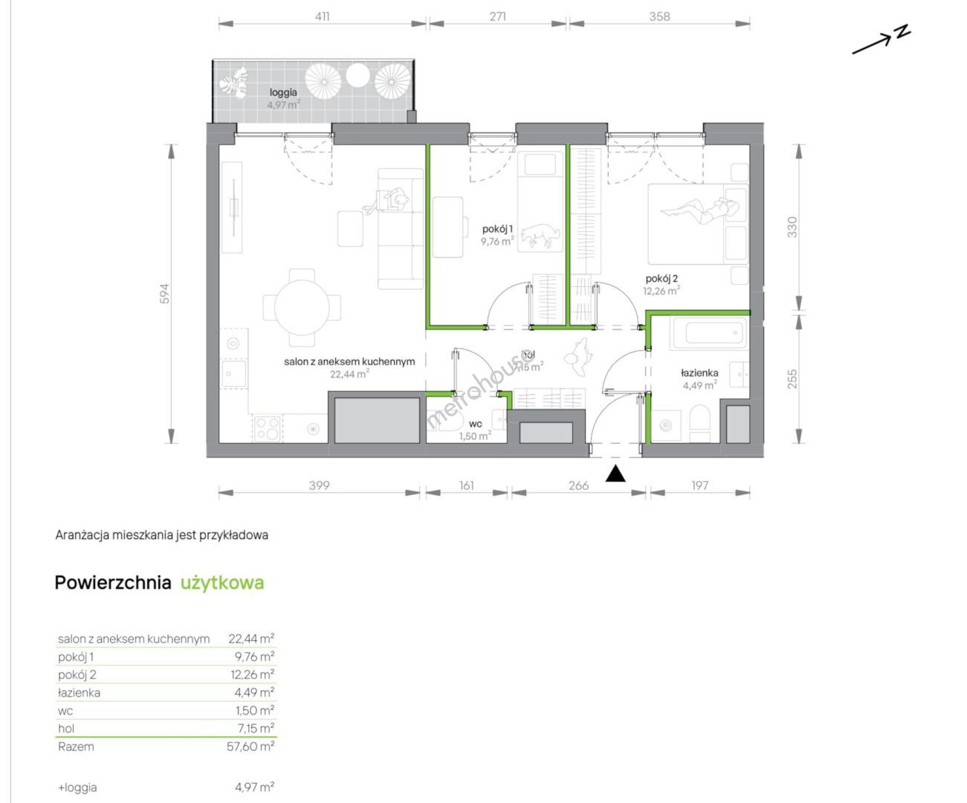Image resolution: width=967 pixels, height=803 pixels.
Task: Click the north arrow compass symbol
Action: click(x=881, y=40)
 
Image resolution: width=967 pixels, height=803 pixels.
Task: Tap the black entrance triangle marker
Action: click(x=615, y=474)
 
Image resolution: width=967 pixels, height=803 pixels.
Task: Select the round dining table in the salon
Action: click(x=302, y=307)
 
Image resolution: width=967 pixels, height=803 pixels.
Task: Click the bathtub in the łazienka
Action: click(x=709, y=332)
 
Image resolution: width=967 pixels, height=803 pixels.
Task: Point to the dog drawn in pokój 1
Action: click(x=540, y=234)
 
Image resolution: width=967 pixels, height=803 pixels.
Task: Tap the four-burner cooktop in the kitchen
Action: click(x=268, y=428)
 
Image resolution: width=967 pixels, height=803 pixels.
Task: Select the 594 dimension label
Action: click(x=164, y=294)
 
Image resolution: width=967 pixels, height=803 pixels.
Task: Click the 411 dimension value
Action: click(x=322, y=16)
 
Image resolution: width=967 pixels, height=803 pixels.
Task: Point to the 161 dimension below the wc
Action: click(x=466, y=485)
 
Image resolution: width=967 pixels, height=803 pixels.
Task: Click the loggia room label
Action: click(x=283, y=92)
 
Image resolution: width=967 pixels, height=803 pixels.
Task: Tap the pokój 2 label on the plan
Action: click(x=662, y=279)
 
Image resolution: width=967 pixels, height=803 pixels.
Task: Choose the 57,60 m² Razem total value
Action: click(x=250, y=746)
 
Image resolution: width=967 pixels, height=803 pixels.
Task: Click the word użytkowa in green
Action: click(x=221, y=583)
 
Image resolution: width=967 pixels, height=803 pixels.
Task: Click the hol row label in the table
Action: click(x=66, y=729)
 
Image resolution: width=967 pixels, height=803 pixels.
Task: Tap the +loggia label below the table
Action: click(x=77, y=787)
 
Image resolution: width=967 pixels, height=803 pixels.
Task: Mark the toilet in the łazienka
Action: click(x=699, y=423)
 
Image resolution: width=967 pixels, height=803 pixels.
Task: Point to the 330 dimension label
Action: click(x=792, y=227)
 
